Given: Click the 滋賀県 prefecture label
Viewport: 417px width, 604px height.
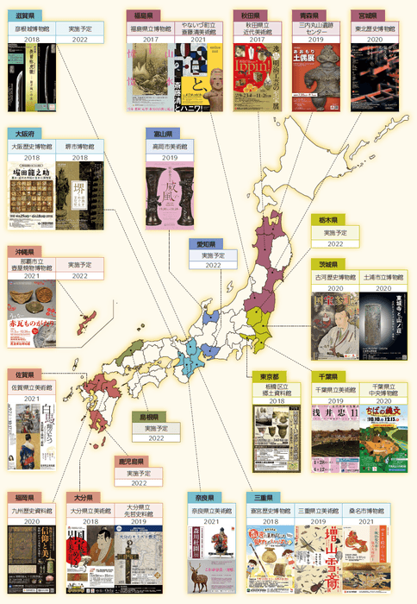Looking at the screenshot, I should (x=24, y=16).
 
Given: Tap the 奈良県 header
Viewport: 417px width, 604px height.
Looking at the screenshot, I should (x=206, y=498).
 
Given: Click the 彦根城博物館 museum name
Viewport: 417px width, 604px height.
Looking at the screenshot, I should (x=32, y=28).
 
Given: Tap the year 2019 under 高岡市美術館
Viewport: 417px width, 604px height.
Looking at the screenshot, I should (x=168, y=159).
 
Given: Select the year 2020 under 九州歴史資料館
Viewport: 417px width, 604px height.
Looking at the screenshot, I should (x=33, y=522).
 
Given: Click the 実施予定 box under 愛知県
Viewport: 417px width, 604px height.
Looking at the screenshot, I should (x=212, y=255).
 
